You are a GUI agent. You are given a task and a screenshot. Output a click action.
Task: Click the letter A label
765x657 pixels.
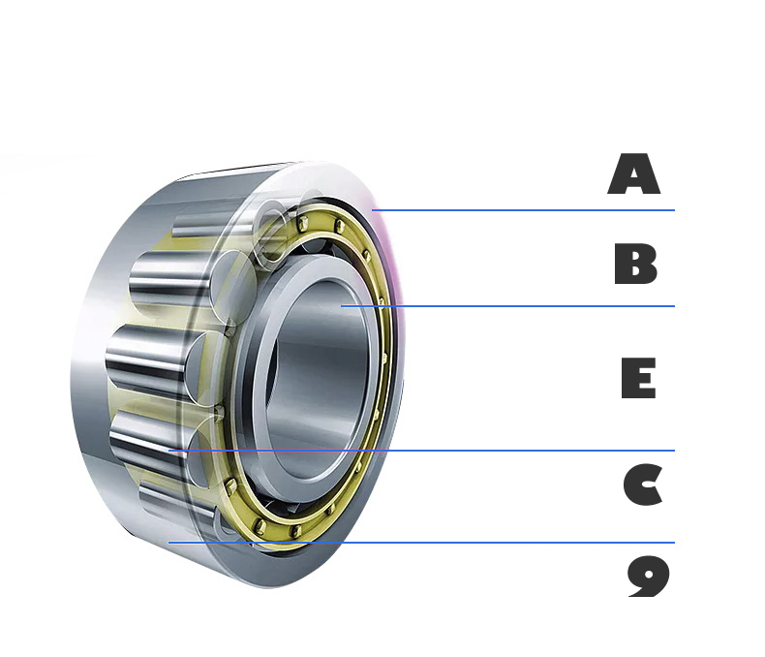coord(633,173)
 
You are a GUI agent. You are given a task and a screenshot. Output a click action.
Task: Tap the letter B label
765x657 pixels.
coord(635,264)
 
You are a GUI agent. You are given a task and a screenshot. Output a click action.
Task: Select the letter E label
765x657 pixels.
coord(638,378)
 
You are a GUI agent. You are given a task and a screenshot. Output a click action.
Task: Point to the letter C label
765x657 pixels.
coord(643,485)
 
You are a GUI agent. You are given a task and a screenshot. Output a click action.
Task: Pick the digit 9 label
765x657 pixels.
coord(649,577)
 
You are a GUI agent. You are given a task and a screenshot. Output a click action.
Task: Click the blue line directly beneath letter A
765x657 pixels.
coord(523,210)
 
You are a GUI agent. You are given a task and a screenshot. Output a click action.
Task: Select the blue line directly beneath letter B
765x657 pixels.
coord(507,306)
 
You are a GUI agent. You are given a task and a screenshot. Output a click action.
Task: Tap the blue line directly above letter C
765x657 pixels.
coord(421,451)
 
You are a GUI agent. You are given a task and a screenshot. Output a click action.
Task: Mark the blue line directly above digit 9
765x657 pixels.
coord(421,543)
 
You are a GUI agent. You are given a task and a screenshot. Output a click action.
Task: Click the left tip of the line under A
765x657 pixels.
coord(372,210)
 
